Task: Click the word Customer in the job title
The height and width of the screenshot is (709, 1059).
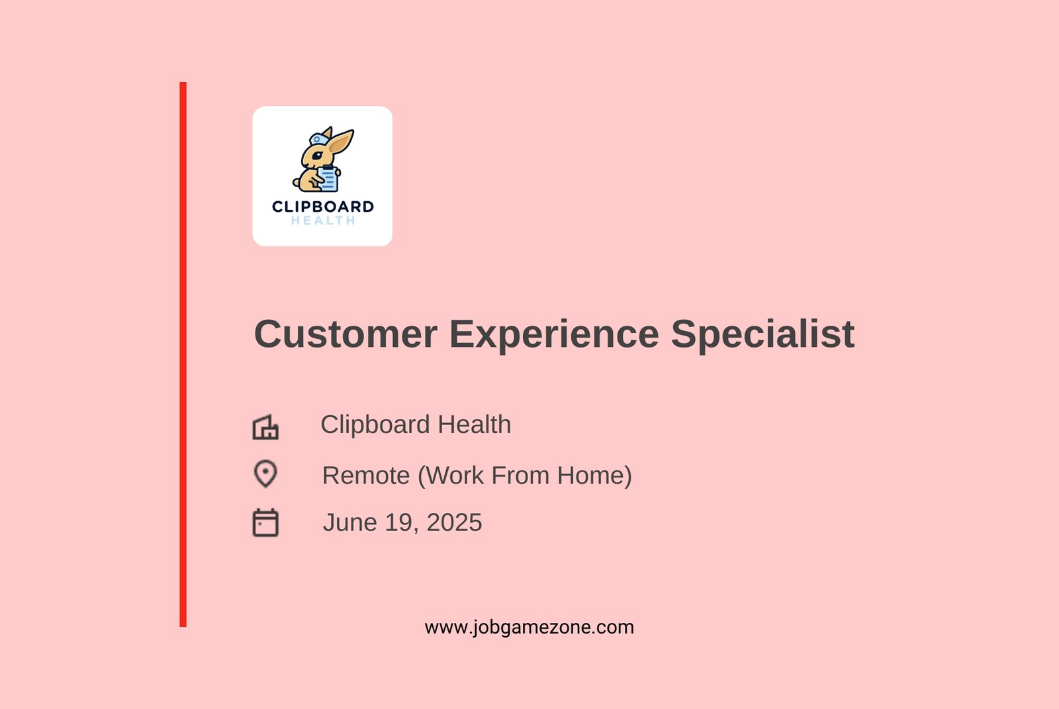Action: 345,334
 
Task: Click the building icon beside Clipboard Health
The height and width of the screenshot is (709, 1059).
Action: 265,427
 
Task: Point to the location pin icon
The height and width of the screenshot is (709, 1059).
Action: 265,474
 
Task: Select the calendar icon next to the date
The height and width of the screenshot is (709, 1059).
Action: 265,522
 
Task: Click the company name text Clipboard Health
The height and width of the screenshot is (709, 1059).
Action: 416,424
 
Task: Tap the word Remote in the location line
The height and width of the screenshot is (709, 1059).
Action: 366,475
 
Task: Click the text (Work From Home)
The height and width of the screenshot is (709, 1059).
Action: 525,476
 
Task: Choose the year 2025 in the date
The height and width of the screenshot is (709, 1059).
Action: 454,522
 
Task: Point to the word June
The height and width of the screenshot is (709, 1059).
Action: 350,522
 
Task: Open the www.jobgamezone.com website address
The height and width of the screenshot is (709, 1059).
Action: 529,628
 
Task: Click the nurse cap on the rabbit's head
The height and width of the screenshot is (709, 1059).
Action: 318,139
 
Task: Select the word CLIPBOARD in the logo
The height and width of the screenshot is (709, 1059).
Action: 323,207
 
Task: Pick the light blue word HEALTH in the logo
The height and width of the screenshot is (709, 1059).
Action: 323,220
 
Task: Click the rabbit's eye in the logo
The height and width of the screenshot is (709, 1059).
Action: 317,155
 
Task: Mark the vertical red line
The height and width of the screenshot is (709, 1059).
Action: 183,354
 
